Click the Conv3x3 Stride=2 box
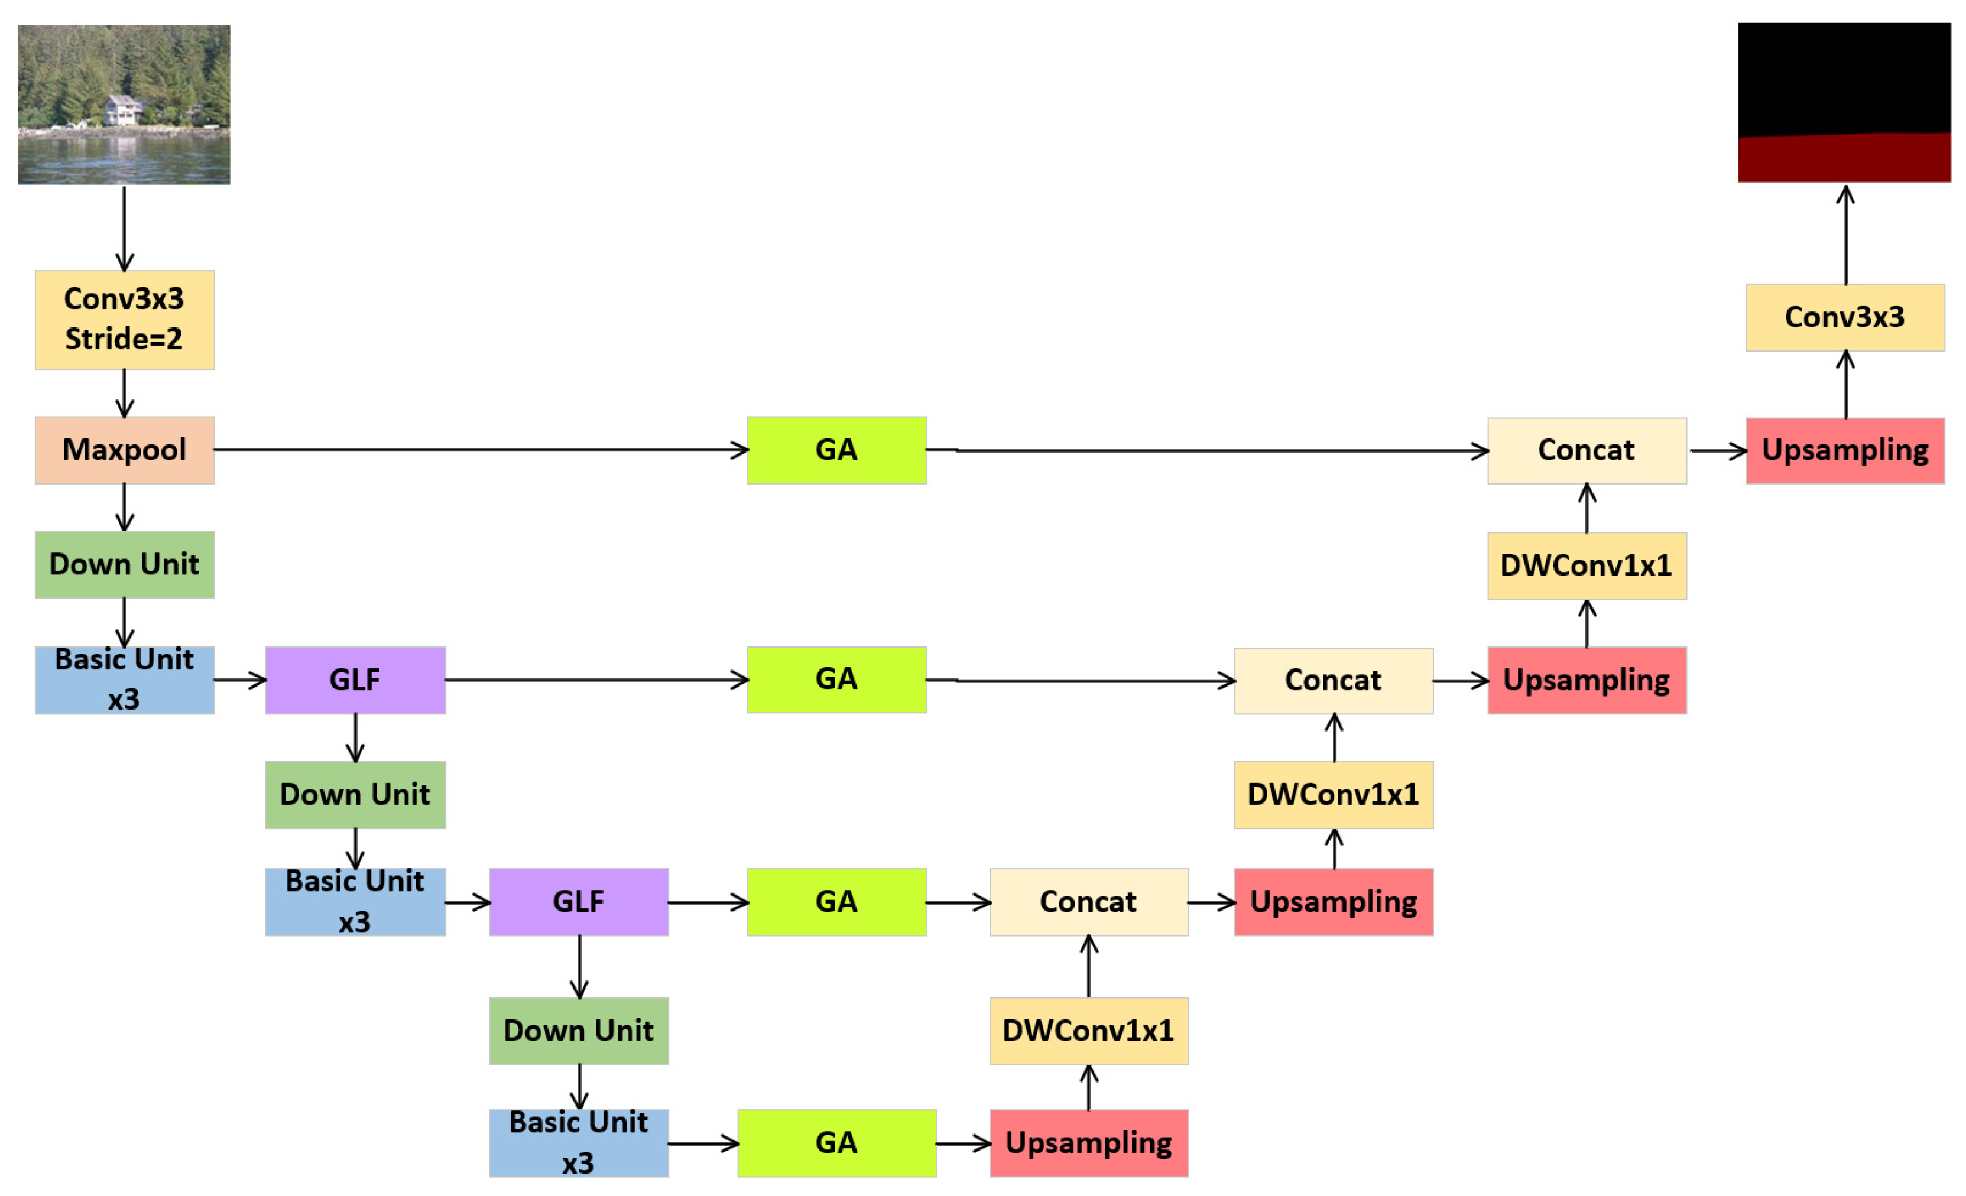[x=125, y=319]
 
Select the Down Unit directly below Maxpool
[x=125, y=564]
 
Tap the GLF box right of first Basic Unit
[x=355, y=680]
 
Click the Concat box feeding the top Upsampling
[x=1586, y=450]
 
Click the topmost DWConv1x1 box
[x=1586, y=565]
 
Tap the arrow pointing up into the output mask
[x=1845, y=235]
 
